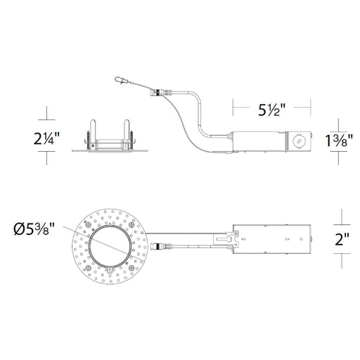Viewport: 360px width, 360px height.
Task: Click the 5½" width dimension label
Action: click(271, 110)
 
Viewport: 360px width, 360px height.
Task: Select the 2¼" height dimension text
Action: click(46, 139)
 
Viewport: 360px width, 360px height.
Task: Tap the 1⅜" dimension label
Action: click(339, 141)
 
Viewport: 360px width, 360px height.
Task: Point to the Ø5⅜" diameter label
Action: click(34, 229)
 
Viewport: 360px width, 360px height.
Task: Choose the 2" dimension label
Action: click(342, 239)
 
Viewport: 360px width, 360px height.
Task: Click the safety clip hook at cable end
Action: click(121, 80)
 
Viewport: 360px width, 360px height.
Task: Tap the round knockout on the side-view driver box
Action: click(299, 141)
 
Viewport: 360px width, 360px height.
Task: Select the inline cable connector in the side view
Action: click(162, 92)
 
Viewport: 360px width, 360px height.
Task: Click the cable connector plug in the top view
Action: click(162, 246)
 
